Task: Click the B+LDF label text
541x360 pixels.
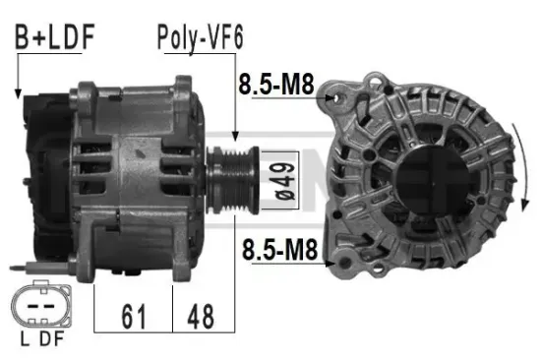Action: coord(54,38)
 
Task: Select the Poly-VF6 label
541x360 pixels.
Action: coord(200,38)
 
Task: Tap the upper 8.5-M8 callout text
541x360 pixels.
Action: coord(275,86)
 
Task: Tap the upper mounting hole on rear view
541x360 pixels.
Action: coord(340,95)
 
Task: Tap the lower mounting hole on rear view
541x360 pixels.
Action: coord(344,258)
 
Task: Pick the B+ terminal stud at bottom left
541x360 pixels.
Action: coord(22,267)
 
